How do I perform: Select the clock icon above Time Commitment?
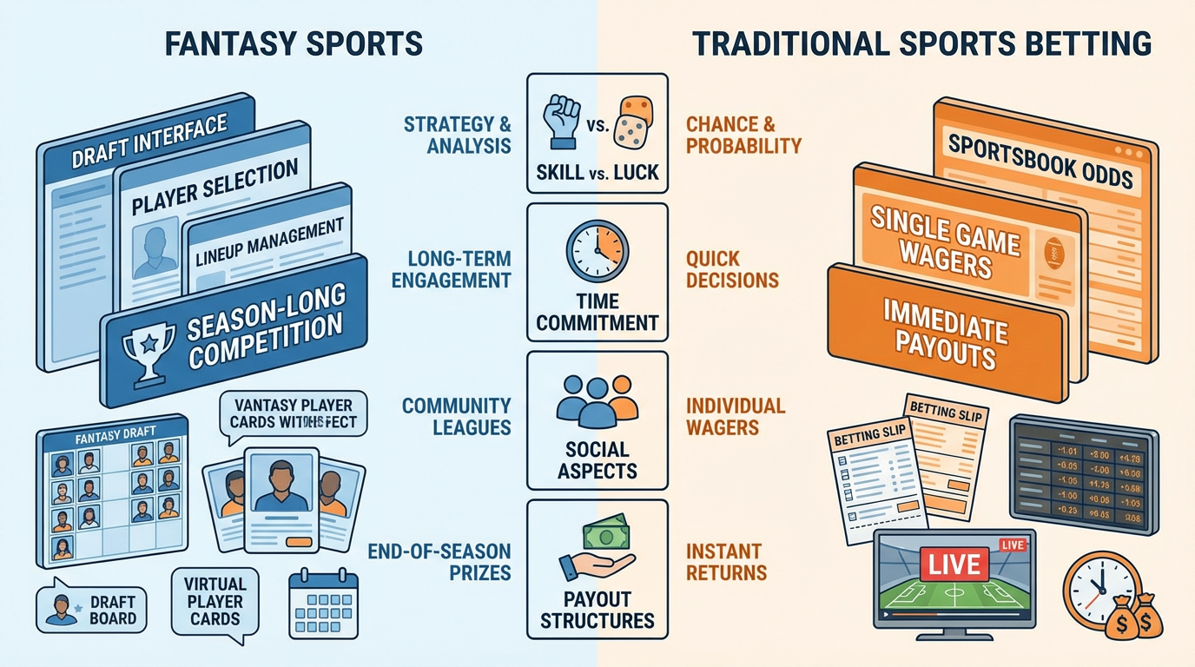click(597, 251)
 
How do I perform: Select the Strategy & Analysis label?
click(457, 135)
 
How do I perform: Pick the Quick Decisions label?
click(731, 269)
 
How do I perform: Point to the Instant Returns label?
click(726, 562)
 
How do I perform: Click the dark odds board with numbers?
click(1084, 474)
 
